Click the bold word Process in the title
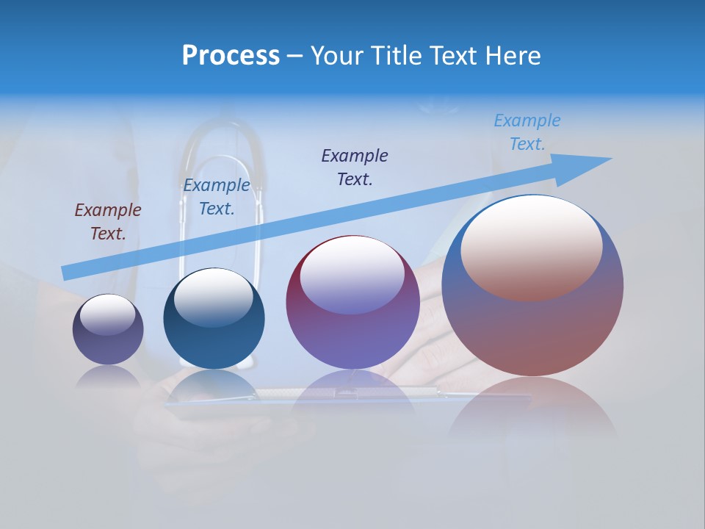tap(231, 56)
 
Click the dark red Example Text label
tap(107, 222)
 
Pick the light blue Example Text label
tap(527, 132)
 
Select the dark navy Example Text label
tap(354, 167)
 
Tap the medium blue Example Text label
tap(216, 197)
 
